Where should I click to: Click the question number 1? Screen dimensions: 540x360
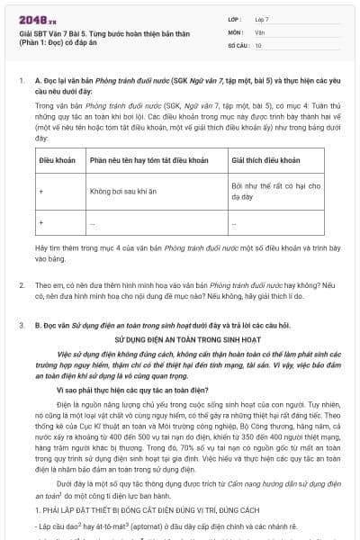[21, 81]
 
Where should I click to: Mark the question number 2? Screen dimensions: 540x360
[21, 285]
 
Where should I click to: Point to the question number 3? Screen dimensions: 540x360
[21, 321]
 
